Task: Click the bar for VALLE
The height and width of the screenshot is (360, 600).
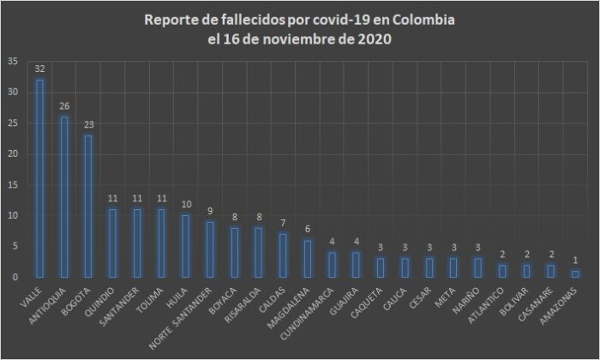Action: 39,178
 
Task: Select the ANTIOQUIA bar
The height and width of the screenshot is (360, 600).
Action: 64,197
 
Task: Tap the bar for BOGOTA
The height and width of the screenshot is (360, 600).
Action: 88,206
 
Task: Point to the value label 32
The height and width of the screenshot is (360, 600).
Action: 39,68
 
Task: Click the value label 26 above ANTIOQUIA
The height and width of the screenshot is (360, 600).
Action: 64,105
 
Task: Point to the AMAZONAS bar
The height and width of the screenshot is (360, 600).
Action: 576,273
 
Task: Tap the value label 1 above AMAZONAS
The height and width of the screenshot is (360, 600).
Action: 576,261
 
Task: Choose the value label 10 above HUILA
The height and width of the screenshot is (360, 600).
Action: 186,204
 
